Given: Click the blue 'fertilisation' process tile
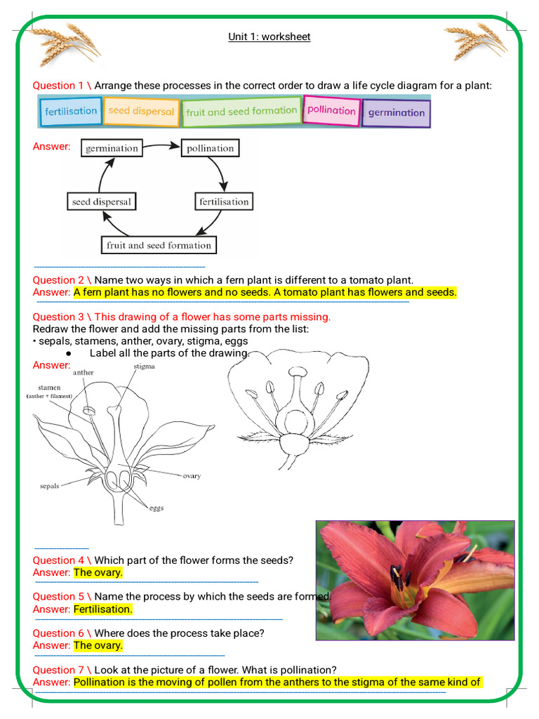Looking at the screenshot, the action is pos(71,112).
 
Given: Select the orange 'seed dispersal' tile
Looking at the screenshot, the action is pos(141,112).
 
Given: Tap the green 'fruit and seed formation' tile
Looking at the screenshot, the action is pos(241,112).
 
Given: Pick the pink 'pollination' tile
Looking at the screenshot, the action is pos(331,110).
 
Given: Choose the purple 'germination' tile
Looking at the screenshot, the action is pos(396,112).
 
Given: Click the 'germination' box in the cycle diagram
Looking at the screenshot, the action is pos(112,148).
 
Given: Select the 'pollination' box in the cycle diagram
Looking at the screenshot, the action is pos(210,148).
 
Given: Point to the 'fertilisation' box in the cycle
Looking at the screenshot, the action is pos(223,202).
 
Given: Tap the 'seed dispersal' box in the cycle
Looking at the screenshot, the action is pos(101,202).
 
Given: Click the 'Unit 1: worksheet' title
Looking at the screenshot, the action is pos(269,37).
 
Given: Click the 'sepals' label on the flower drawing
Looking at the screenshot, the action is pos(49,485).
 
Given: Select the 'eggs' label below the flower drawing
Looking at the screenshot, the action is pos(156,508).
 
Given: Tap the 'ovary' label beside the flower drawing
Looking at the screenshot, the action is pos(192,476).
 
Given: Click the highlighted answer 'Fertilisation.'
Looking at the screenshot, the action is pos(102,609).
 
